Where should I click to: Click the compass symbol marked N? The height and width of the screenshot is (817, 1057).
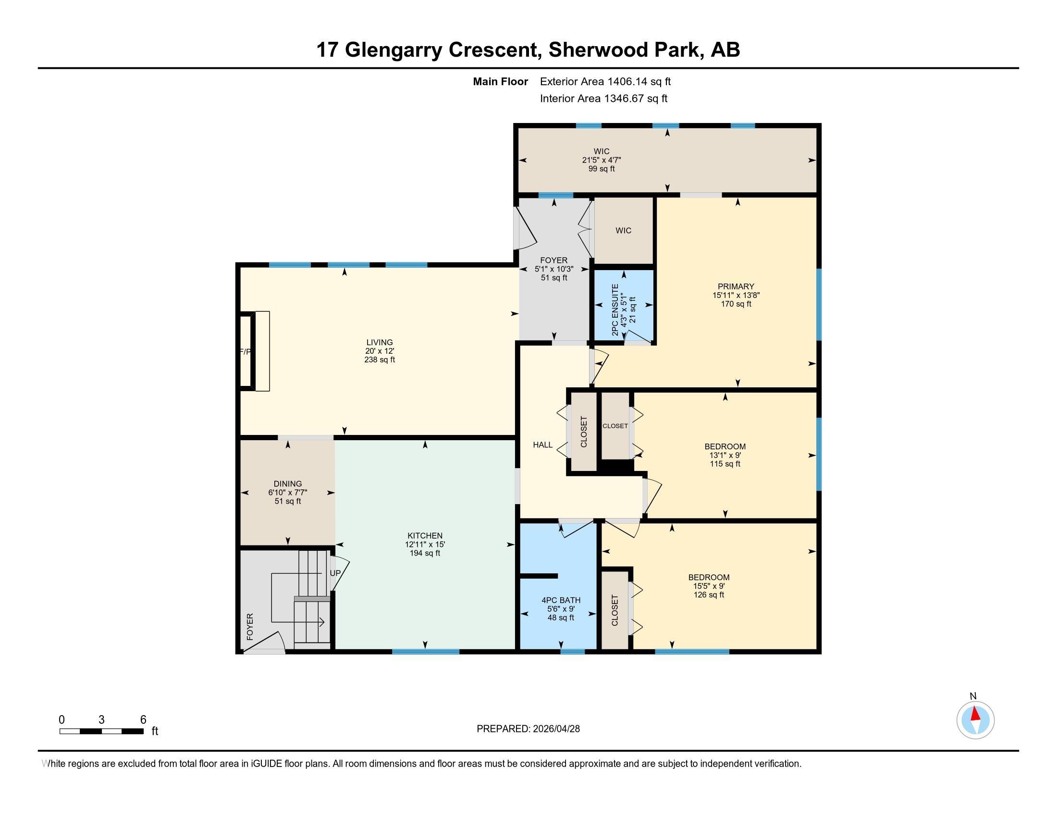point(975,720)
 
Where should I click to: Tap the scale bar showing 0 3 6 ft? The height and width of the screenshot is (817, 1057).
point(102,730)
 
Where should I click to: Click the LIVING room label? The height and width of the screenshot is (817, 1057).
point(380,342)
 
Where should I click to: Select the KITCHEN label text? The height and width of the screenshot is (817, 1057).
point(425,535)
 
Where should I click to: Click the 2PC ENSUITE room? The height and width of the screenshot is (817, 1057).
point(624,304)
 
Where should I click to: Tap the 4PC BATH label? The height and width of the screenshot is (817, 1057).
point(560,600)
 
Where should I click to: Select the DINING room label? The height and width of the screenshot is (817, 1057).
point(287,483)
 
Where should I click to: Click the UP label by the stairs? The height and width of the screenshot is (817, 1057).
point(335,573)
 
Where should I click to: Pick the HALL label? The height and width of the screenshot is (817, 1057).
point(542,445)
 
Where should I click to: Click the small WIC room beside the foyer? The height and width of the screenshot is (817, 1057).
point(623,230)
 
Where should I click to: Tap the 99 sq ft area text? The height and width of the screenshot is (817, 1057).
point(601,169)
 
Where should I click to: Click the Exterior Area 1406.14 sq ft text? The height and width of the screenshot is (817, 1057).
point(605,82)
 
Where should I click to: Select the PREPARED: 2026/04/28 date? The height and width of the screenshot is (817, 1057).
point(528,729)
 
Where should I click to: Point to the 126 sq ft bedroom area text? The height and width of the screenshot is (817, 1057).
point(709,595)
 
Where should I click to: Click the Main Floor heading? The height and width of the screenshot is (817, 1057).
point(500,82)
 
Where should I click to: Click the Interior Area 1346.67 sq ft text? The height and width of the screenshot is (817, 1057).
point(603,99)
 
